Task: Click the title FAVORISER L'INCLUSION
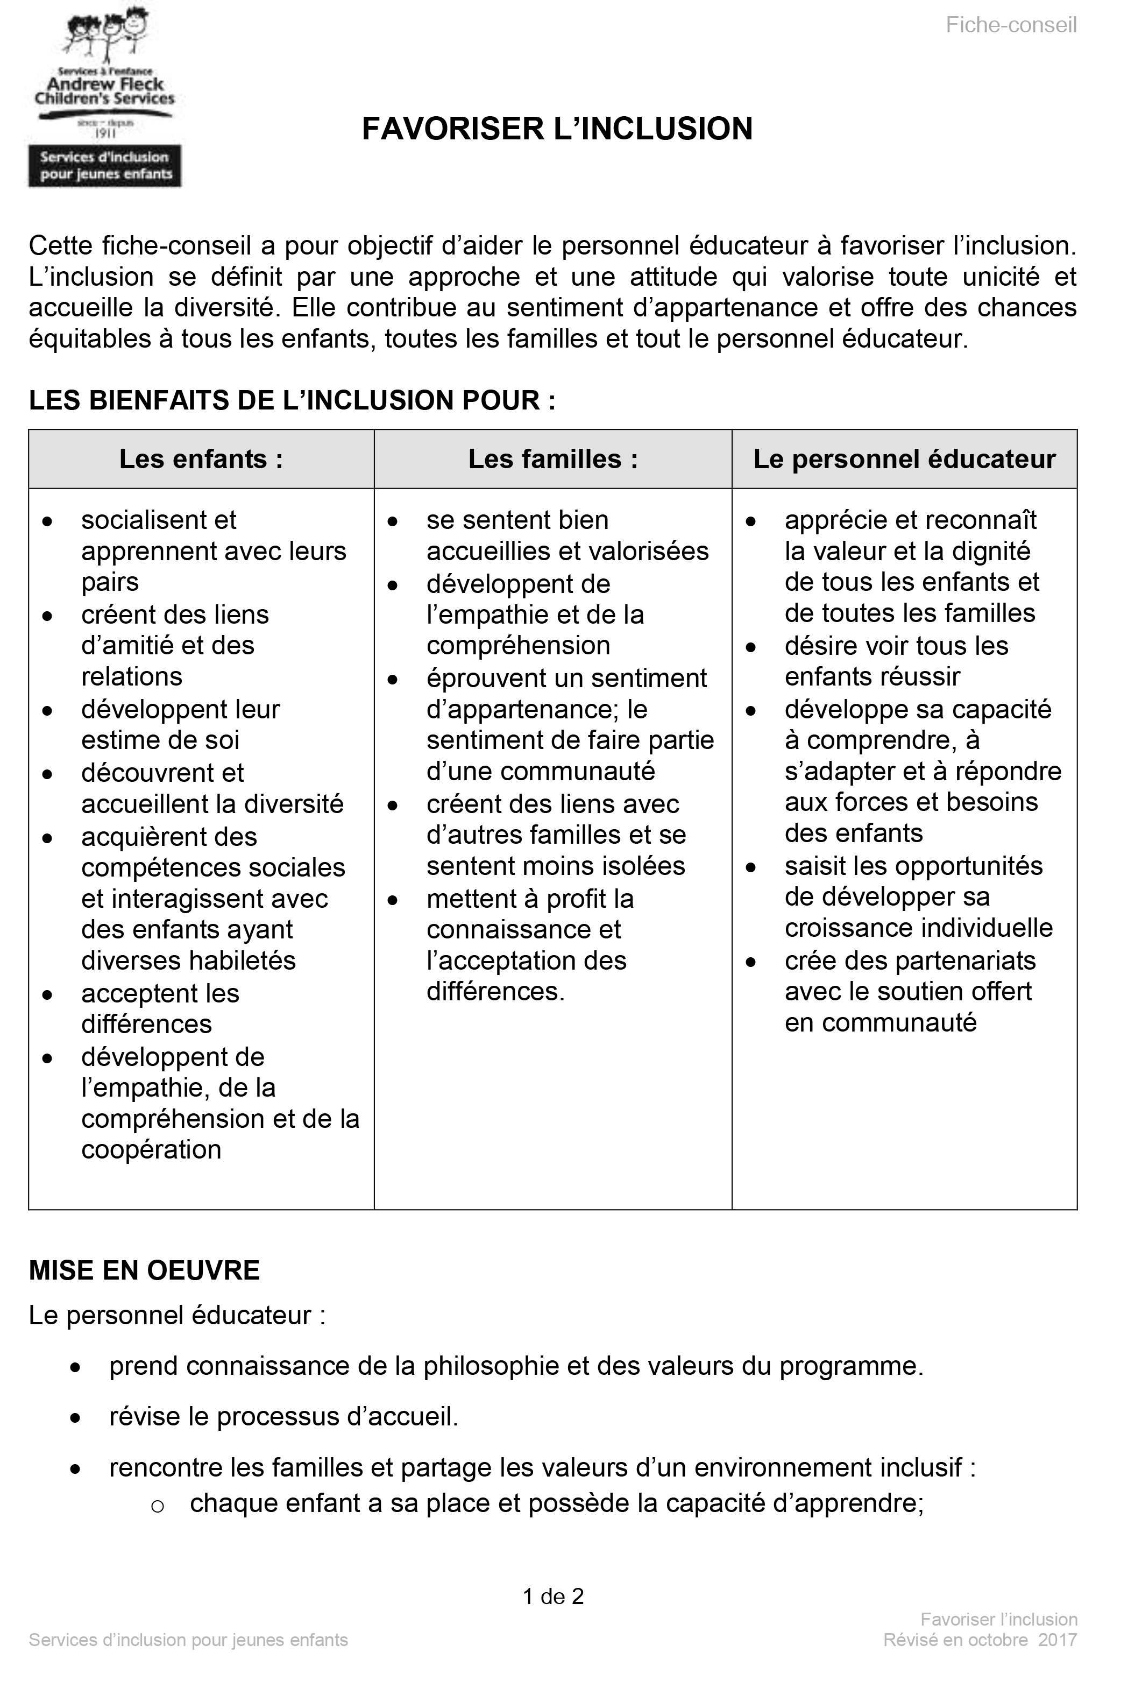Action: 557,129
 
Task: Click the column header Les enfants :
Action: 201,459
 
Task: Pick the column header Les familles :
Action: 552,459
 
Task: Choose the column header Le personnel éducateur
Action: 904,459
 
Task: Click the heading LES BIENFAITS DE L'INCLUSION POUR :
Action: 292,400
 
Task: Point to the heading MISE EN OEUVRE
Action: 144,1270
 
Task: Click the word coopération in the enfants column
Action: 151,1150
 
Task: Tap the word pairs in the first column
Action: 110,582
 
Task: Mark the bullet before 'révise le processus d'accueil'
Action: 75,1418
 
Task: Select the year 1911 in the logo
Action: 105,133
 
